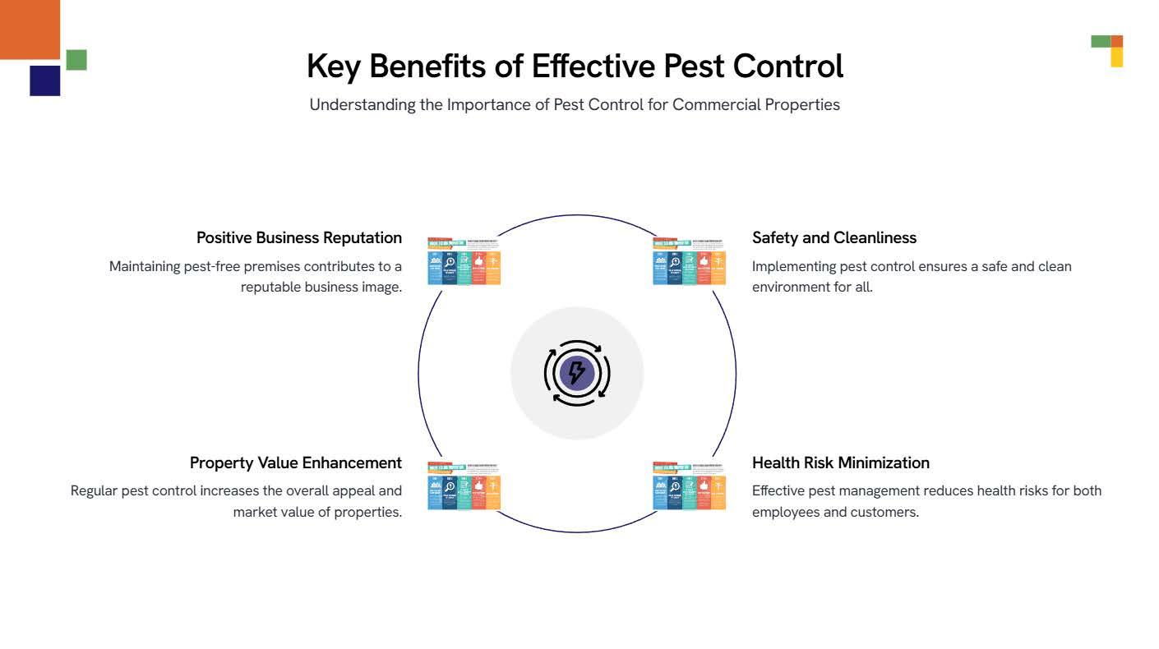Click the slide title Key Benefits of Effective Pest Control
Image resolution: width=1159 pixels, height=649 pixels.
(575, 67)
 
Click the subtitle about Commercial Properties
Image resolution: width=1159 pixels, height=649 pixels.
(575, 104)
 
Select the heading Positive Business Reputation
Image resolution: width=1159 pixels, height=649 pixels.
(299, 237)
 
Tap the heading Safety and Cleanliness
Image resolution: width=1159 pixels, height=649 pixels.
(833, 237)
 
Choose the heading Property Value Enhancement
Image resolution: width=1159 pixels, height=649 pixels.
(296, 463)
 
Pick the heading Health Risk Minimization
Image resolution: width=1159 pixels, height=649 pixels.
(840, 463)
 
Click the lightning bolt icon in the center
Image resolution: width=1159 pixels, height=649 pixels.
(577, 373)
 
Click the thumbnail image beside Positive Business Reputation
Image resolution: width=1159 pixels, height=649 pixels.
(464, 261)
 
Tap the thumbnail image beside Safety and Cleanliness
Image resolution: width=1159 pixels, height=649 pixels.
(689, 261)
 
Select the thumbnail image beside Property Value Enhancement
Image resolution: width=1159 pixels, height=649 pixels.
(464, 486)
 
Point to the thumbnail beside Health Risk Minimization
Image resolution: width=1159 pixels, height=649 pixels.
(689, 486)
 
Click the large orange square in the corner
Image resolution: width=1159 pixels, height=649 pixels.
(30, 29)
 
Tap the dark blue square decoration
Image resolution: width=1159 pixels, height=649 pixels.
(45, 81)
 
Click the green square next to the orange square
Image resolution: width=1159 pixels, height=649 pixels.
(76, 60)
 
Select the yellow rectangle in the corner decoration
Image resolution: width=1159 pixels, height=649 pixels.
(1116, 57)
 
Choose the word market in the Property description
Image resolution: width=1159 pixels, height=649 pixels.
(256, 512)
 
